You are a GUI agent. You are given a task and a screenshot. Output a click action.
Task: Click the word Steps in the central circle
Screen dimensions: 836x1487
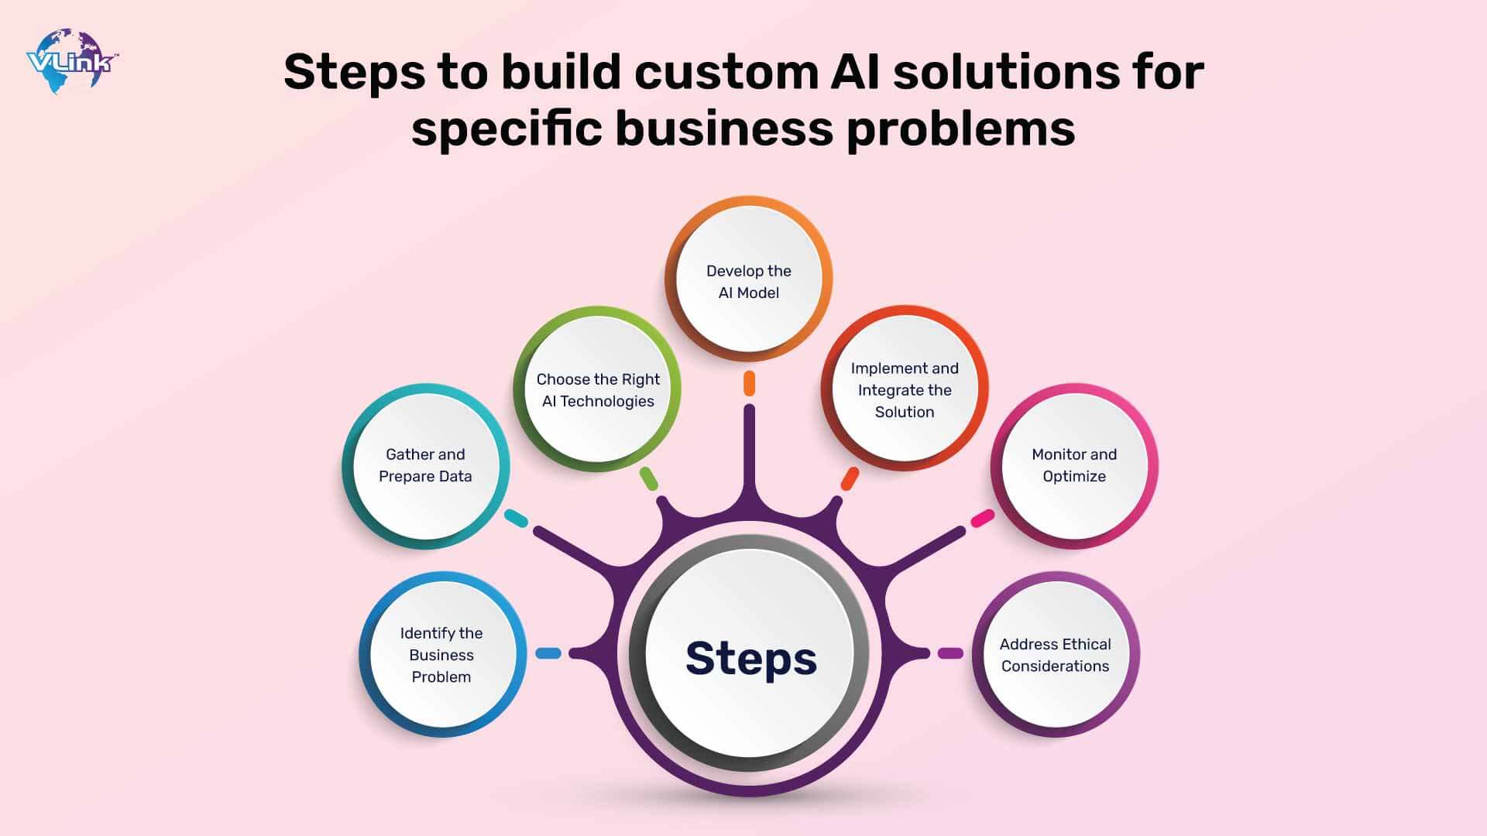(750, 659)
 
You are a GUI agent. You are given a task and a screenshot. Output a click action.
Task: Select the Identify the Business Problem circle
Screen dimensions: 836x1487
(441, 655)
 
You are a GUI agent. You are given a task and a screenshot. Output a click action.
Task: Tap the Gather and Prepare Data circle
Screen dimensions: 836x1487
(425, 466)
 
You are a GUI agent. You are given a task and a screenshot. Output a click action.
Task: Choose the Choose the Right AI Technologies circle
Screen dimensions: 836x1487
(597, 390)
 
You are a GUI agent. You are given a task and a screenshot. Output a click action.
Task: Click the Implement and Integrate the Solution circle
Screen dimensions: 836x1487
(904, 390)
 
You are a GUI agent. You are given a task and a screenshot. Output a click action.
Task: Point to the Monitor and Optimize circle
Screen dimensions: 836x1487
(1073, 466)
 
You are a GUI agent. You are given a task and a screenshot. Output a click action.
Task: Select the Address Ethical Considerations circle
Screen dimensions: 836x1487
(1055, 655)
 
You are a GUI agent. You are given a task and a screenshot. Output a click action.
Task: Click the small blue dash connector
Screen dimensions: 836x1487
(548, 653)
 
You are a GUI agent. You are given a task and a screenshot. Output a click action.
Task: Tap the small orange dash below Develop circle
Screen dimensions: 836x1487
(749, 383)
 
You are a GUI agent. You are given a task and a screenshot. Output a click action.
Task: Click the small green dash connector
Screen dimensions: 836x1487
(649, 478)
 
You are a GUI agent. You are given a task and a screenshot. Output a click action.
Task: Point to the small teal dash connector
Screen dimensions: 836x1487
(517, 518)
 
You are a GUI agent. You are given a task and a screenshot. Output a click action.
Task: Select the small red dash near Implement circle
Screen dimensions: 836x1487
(850, 478)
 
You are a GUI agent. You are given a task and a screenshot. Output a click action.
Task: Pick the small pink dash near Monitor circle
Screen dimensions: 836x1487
(982, 518)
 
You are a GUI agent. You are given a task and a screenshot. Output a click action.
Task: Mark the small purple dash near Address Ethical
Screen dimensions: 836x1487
(950, 653)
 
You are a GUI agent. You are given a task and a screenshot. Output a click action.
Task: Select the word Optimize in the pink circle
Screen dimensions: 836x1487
(1073, 477)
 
